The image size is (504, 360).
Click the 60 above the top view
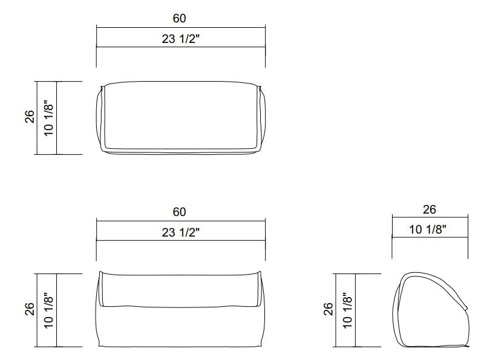click(x=180, y=19)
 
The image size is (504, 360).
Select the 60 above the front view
click(x=180, y=212)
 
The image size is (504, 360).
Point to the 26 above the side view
click(x=429, y=209)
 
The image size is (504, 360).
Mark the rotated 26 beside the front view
click(x=30, y=310)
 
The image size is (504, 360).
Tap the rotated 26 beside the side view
click(x=328, y=310)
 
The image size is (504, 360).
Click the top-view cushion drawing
click(x=180, y=117)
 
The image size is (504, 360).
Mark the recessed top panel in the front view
click(x=180, y=287)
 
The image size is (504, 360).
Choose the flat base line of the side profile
click(x=433, y=347)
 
